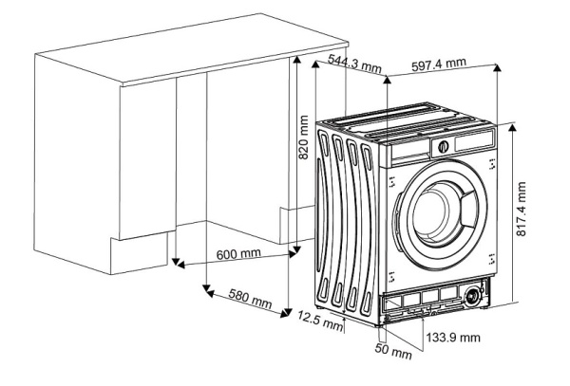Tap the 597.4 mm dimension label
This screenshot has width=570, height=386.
tap(439, 64)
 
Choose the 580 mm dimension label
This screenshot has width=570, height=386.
tap(245, 300)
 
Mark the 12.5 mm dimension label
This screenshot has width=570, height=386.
tap(318, 321)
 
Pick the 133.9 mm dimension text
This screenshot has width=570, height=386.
tap(453, 337)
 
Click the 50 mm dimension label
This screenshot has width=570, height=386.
tap(392, 353)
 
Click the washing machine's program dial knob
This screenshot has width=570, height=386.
tap(442, 147)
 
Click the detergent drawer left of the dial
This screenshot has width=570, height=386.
tap(410, 150)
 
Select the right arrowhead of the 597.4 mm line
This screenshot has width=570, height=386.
tap(500, 65)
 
